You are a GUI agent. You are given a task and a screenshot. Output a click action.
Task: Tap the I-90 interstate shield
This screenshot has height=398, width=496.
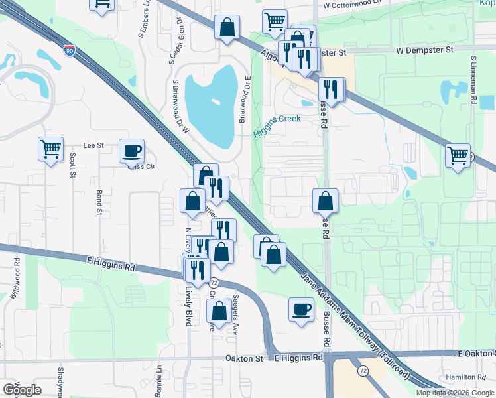point(70,50)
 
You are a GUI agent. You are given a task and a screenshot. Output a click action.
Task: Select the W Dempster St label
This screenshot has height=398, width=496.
point(425,50)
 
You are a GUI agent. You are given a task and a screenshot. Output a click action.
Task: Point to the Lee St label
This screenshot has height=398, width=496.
point(93,145)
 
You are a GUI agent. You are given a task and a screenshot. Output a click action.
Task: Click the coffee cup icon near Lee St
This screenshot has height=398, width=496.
point(131,151)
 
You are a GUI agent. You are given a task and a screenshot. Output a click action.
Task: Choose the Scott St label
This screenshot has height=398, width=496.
point(72,166)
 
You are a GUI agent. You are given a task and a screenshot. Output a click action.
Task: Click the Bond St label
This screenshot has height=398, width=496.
point(99,203)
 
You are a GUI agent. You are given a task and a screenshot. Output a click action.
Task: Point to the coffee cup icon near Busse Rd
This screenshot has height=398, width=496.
point(302,309)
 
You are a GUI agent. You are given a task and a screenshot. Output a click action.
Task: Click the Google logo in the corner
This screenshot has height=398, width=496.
point(22,390)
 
